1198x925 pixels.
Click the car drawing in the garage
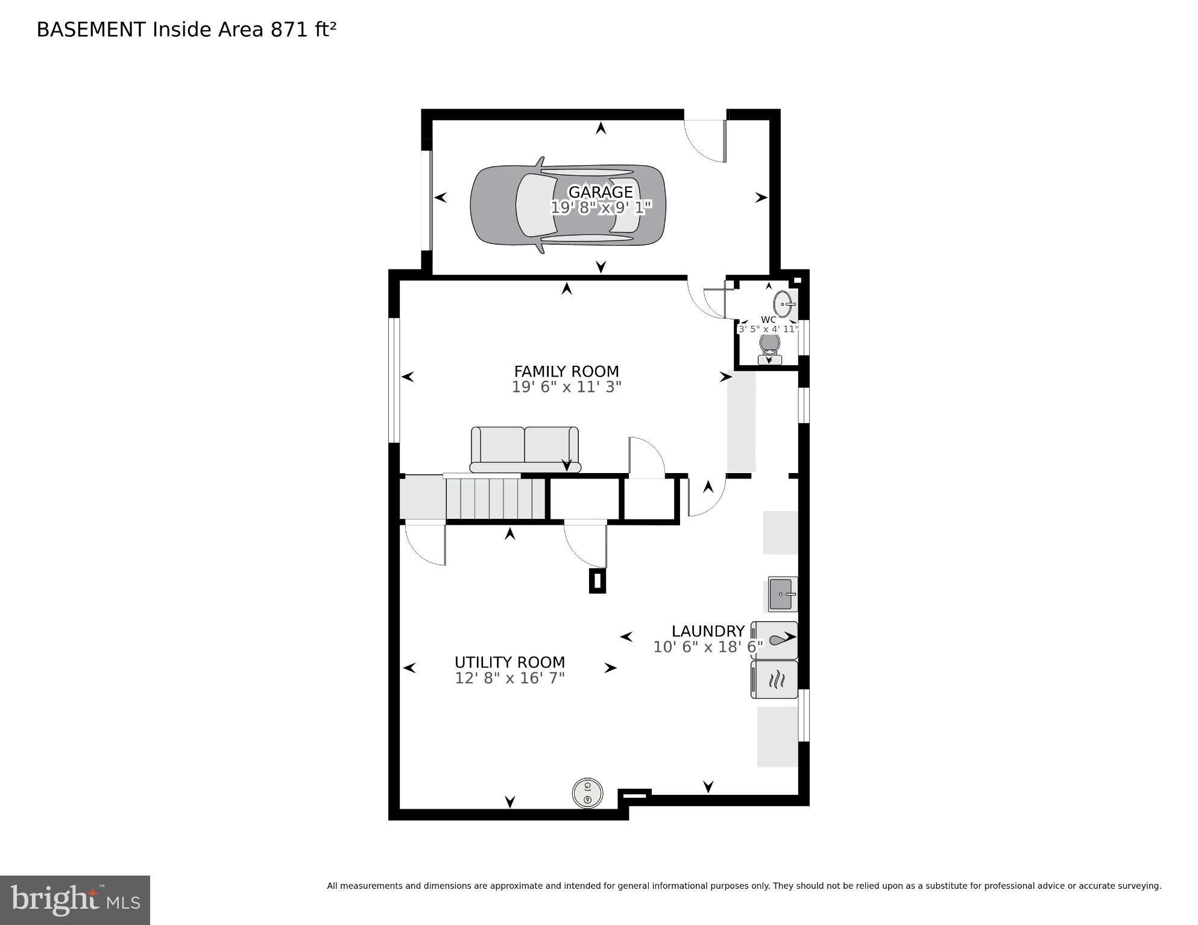[x=512, y=205]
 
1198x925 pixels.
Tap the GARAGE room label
[x=601, y=192]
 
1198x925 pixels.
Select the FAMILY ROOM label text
[x=566, y=371]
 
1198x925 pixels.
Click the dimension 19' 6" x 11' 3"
[x=566, y=387]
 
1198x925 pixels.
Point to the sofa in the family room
[x=525, y=449]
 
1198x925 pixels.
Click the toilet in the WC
[x=769, y=347]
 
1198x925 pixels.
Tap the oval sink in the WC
[x=783, y=304]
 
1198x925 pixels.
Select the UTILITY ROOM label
[x=509, y=662]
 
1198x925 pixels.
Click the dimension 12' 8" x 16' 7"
[x=509, y=678]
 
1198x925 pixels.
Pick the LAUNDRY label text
[x=708, y=631]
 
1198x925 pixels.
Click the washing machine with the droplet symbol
[x=775, y=640]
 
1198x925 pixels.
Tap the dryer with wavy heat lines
[x=775, y=680]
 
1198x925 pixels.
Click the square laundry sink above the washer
[x=783, y=594]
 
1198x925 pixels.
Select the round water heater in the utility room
[x=587, y=793]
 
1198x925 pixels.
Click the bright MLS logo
[x=75, y=900]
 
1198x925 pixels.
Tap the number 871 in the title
[x=289, y=30]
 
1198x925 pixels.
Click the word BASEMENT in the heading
[x=91, y=30]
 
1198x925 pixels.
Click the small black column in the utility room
[x=597, y=581]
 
